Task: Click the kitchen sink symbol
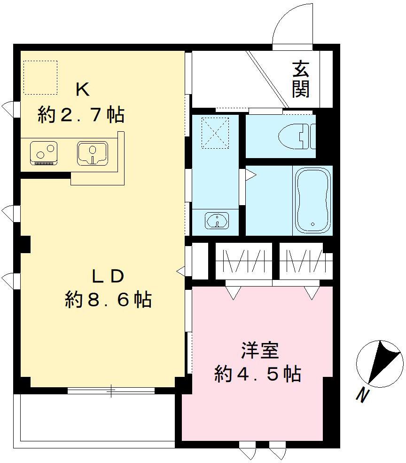pos(93,152)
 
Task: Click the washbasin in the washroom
pos(217,220)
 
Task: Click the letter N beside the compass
pos(361,396)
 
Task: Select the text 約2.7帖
pos(81,115)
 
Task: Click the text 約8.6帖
pos(108,299)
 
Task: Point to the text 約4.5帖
pos(258,374)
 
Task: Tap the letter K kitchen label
pos(83,89)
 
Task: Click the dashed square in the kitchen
pos(40,77)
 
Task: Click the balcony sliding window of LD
pos(111,390)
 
